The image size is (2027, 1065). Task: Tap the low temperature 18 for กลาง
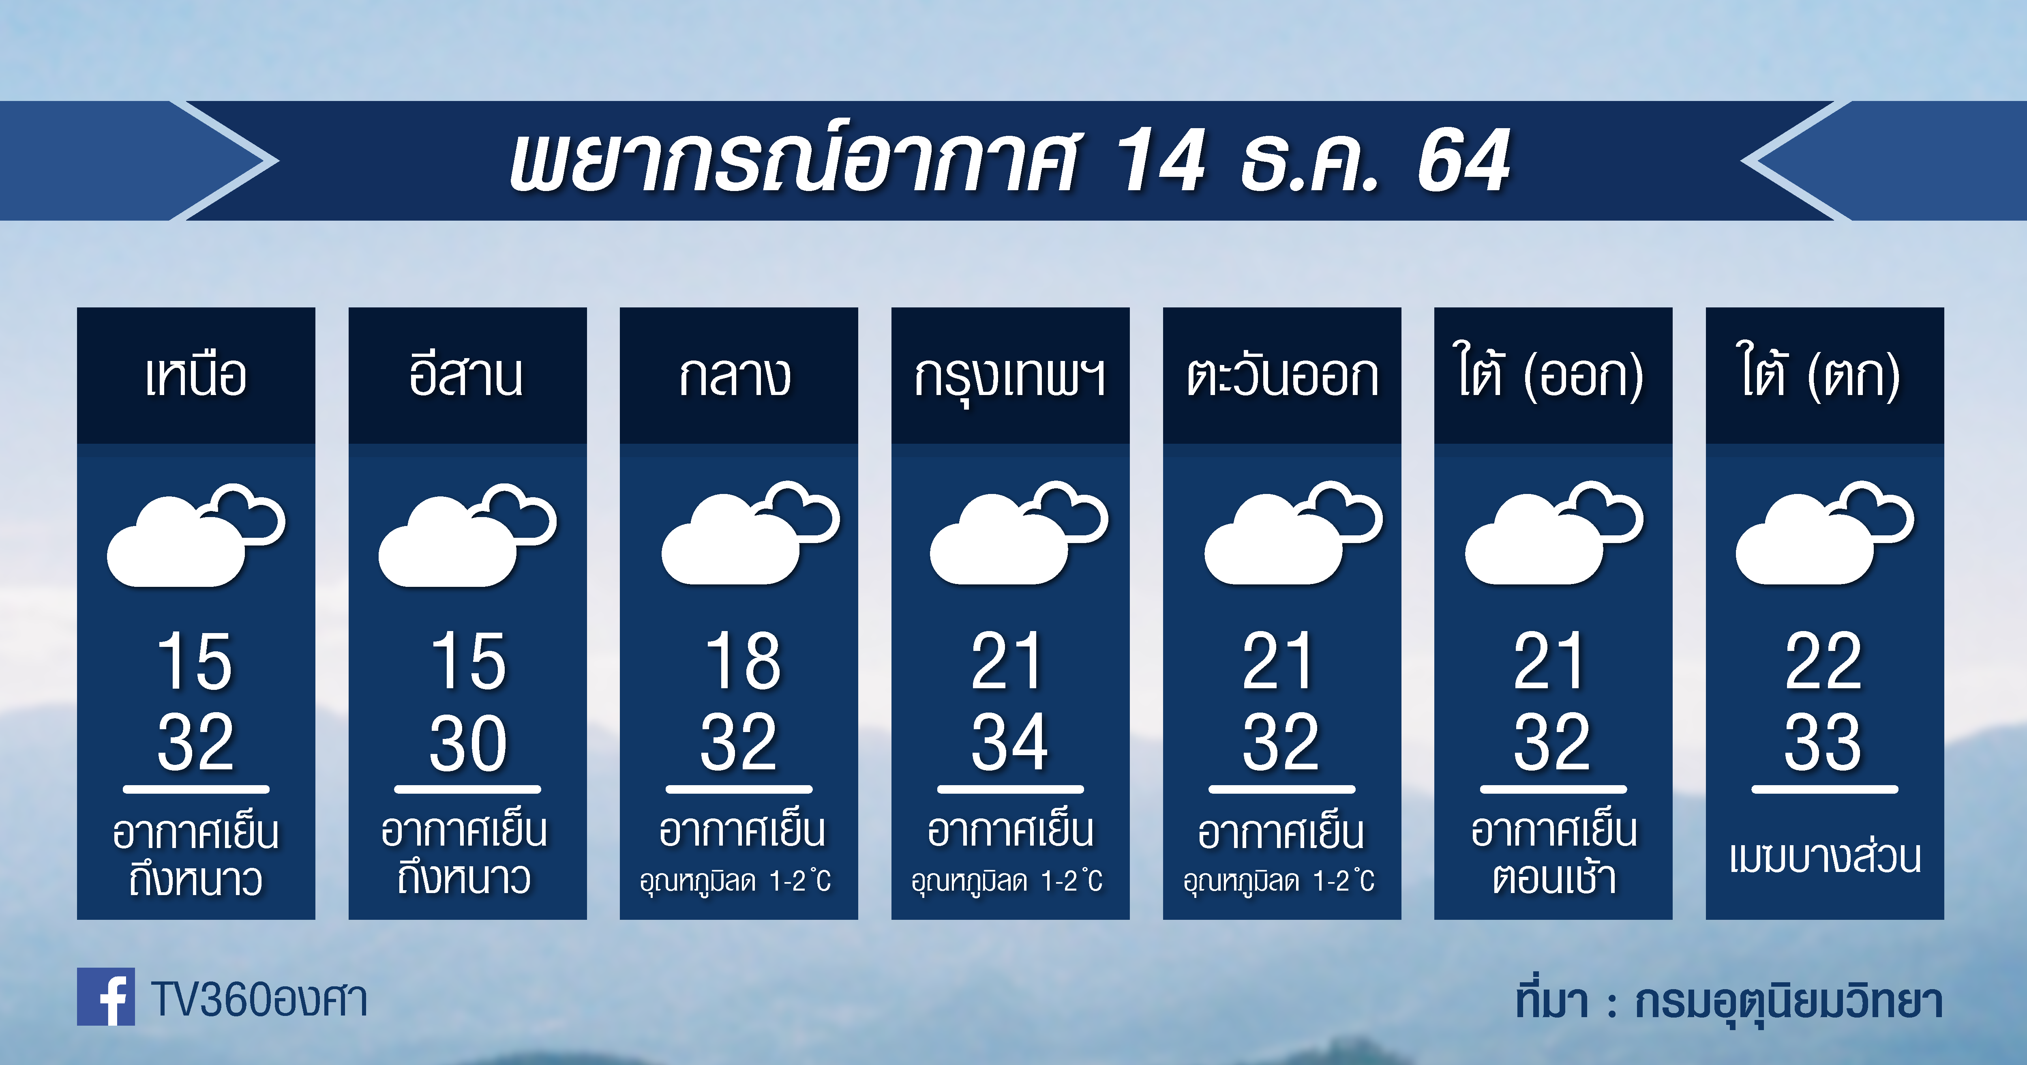pos(742,661)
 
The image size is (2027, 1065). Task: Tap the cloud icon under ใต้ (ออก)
pos(1554,533)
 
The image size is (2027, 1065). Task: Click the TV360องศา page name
pos(259,1000)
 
